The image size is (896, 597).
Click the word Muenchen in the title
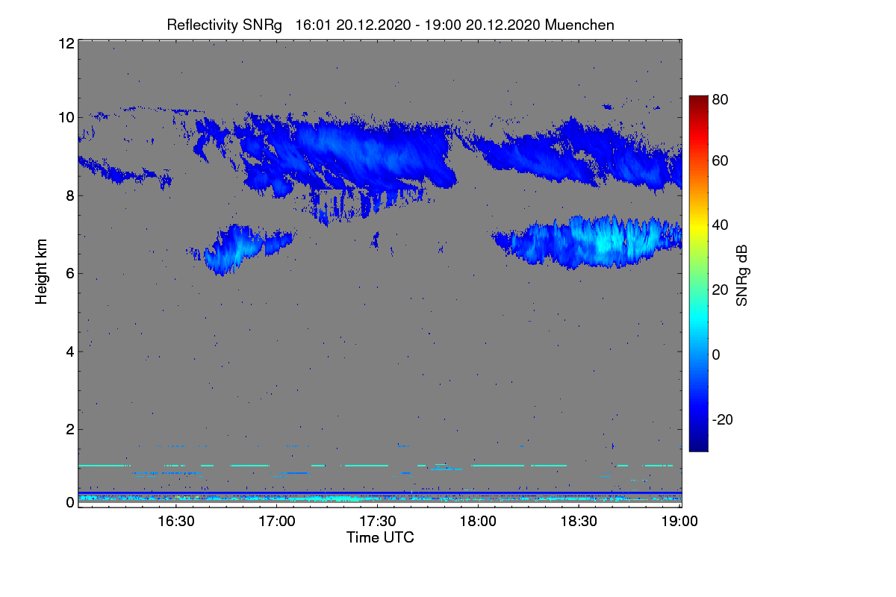[x=579, y=25]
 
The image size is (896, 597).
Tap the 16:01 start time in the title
[x=313, y=25]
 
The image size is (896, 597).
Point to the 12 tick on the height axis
[x=66, y=43]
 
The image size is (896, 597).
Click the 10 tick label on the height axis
[x=66, y=118]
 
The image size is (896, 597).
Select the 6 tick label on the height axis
[x=70, y=274]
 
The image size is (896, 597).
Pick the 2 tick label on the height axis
[x=70, y=429]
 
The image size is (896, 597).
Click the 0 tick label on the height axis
[x=70, y=502]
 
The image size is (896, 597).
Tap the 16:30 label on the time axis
[x=176, y=521]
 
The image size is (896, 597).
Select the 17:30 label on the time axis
[x=378, y=521]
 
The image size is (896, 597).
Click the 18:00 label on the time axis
[x=478, y=521]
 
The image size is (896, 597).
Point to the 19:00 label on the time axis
[x=679, y=521]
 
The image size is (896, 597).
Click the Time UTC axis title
[x=380, y=537]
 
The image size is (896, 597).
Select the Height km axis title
[x=41, y=272]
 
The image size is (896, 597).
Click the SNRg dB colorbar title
[x=741, y=276]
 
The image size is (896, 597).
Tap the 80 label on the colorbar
[x=720, y=99]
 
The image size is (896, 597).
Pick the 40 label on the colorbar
[x=720, y=225]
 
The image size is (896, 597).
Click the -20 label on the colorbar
[x=723, y=419]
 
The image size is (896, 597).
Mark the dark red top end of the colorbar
[x=698, y=96]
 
